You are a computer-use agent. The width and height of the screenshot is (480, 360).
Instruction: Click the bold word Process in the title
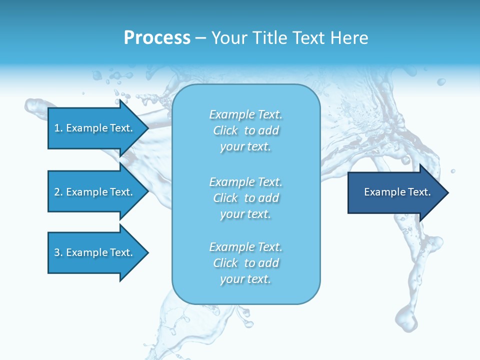pyautogui.click(x=157, y=38)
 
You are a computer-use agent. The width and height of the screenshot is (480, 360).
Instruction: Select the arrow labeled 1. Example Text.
pyautogui.click(x=95, y=128)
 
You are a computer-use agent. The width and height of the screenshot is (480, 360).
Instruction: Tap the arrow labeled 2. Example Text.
pyautogui.click(x=95, y=192)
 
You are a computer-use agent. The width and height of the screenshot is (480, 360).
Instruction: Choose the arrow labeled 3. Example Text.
pyautogui.click(x=95, y=252)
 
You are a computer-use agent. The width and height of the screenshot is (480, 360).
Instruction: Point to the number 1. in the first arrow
pyautogui.click(x=58, y=128)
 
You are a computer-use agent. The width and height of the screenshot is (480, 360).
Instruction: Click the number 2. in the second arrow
pyautogui.click(x=58, y=192)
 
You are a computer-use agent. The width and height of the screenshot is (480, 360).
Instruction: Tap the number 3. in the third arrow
pyautogui.click(x=58, y=252)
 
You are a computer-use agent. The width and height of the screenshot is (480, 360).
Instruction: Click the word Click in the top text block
pyautogui.click(x=225, y=130)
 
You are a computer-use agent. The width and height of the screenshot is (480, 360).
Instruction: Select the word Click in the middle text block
pyautogui.click(x=225, y=198)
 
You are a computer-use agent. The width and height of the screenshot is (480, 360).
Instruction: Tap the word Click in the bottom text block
pyautogui.click(x=225, y=263)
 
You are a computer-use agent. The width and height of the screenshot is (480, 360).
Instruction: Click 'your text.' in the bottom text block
pyautogui.click(x=245, y=279)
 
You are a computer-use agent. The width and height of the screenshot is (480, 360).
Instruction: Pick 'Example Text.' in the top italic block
pyautogui.click(x=246, y=114)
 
